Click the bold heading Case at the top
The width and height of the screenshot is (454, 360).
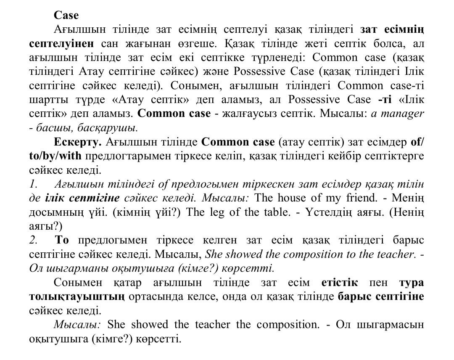[66, 16]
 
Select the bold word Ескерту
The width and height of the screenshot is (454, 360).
[78, 142]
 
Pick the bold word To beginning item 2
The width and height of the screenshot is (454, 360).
[62, 240]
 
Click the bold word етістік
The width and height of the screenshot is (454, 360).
[339, 282]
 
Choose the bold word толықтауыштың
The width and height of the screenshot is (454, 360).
[77, 296]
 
